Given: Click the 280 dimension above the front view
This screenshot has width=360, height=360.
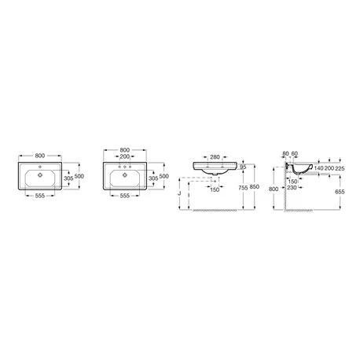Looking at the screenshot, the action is (x=215, y=157).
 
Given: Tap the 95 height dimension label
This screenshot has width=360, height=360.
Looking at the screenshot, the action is (x=243, y=167).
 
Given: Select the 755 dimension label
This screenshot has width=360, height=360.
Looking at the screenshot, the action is (x=243, y=187).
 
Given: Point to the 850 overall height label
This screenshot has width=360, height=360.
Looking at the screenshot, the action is (x=255, y=187).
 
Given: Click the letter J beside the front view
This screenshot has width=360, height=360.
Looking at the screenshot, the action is (x=179, y=193).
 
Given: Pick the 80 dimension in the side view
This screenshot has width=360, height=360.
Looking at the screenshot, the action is (x=286, y=153).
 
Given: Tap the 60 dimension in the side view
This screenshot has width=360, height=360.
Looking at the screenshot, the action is (x=295, y=153).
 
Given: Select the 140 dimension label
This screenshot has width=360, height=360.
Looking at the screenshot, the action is (x=319, y=168).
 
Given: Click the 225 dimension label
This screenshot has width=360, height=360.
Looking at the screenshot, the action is (x=340, y=168).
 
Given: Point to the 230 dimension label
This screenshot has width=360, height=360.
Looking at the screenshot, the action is (x=292, y=188).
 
